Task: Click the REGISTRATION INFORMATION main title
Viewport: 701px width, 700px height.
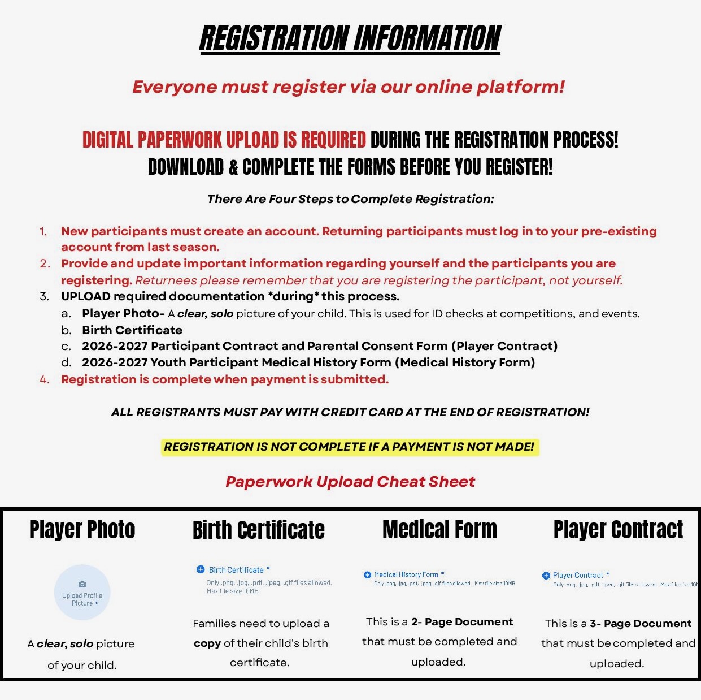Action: [x=350, y=38]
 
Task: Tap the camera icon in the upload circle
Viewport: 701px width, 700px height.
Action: [x=82, y=584]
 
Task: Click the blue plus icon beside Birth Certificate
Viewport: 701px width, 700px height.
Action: [x=200, y=569]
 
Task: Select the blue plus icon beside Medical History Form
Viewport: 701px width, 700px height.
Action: [x=367, y=574]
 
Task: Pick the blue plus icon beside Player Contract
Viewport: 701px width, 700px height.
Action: [x=546, y=576]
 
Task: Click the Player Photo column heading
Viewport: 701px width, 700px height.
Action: [x=82, y=530]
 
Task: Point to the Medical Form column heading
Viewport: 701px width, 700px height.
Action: [x=439, y=530]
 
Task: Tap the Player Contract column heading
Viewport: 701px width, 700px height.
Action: [x=618, y=530]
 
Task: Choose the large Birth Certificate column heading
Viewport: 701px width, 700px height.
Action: [x=258, y=530]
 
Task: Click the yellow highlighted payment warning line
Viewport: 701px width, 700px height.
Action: [x=349, y=447]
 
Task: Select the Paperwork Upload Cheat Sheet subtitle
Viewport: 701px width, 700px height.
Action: [x=350, y=482]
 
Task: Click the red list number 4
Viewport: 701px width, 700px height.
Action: [x=45, y=379]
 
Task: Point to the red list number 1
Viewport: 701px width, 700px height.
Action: [x=43, y=231]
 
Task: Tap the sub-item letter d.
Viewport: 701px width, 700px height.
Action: [x=67, y=362]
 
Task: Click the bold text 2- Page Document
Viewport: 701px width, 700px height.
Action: [x=461, y=622]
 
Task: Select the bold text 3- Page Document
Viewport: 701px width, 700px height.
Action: [x=640, y=624]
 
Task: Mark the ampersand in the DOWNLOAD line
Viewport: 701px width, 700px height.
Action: [x=233, y=167]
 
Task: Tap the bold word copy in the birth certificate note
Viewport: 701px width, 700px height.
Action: [x=207, y=643]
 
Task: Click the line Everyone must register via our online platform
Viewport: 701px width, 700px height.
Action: [x=349, y=87]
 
